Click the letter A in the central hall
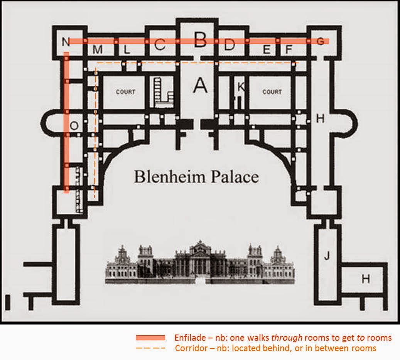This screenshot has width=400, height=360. tap(200, 86)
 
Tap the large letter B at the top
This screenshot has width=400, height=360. tap(200, 39)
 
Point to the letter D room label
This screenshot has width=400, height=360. tap(229, 45)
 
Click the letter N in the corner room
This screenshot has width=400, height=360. tap(65, 41)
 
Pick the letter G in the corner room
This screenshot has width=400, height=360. tap(320, 41)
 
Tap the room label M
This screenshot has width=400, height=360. tap(98, 50)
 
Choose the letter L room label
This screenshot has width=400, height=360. tap(127, 50)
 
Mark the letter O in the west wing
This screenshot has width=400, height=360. tap(74, 125)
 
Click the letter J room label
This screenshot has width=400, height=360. tap(326, 256)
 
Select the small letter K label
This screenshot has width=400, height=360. tap(241, 87)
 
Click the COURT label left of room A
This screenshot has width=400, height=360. tap(125, 92)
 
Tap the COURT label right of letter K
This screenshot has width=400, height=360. tap(272, 92)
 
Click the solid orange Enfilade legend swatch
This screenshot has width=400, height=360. tap(150, 338)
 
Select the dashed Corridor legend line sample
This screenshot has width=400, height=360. tap(150, 348)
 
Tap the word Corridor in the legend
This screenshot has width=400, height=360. tap(189, 348)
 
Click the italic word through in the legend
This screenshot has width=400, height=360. tap(290, 338)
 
